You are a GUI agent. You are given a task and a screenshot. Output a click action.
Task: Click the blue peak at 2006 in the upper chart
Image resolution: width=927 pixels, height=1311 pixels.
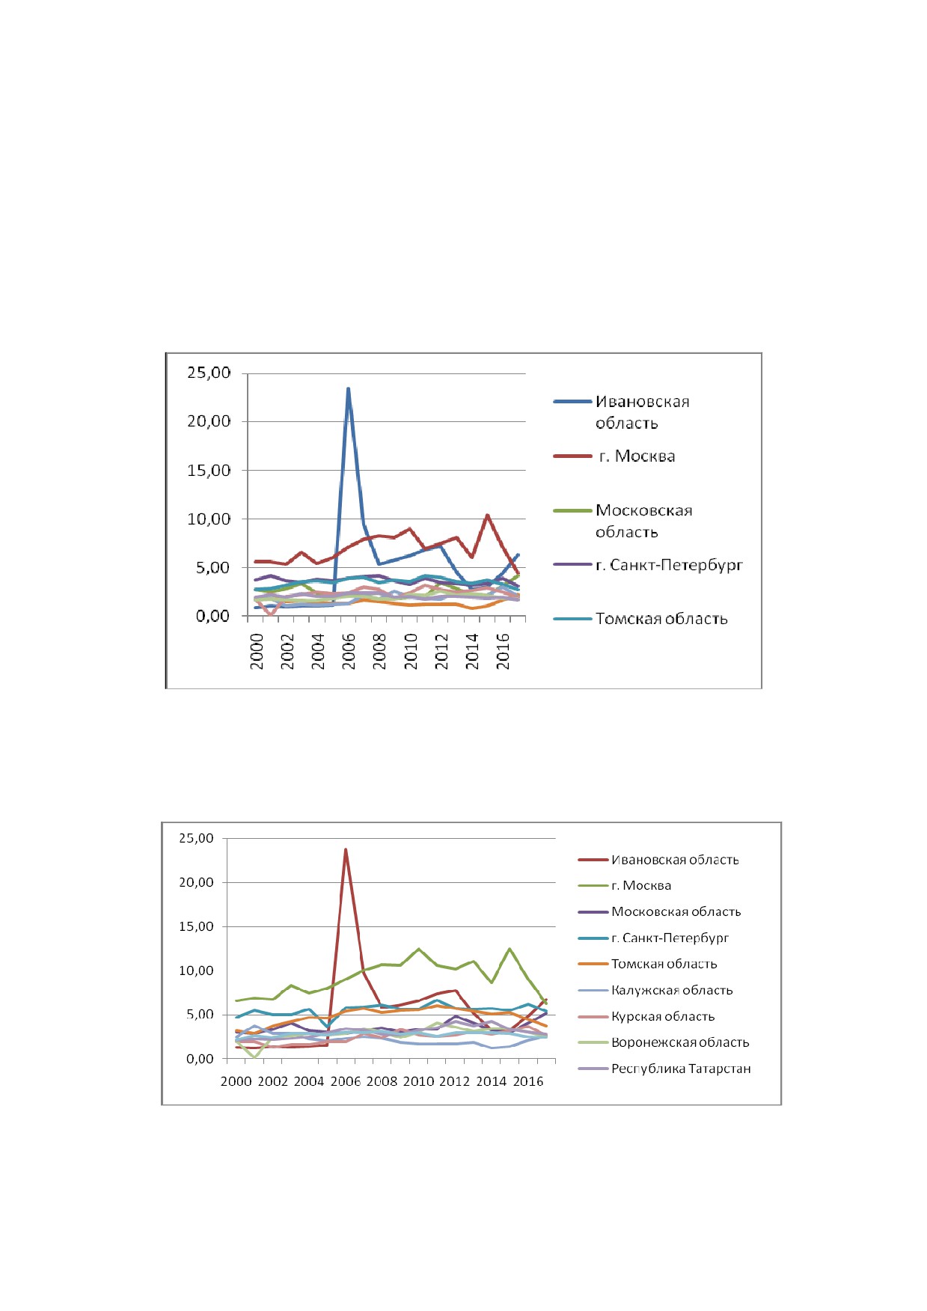tap(348, 388)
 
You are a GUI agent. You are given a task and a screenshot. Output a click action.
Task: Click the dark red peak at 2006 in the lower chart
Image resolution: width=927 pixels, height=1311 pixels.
tap(346, 849)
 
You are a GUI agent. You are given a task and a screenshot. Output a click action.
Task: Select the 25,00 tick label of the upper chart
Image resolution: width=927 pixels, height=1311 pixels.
tap(209, 373)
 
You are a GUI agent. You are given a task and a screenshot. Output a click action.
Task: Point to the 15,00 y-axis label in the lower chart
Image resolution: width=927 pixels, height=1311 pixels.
tap(196, 926)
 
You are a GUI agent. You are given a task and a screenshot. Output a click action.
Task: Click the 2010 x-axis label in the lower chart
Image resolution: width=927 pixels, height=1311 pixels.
tap(418, 1081)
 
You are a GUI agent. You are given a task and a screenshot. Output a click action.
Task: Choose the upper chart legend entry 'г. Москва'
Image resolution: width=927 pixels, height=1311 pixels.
tap(637, 456)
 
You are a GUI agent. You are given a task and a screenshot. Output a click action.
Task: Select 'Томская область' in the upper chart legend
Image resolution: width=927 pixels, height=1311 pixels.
tap(661, 619)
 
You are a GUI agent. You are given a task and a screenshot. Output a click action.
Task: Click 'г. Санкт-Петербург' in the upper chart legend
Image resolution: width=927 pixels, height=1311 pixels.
tap(669, 565)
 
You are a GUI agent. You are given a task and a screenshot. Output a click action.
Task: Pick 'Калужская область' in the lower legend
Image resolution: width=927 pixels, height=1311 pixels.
tap(672, 990)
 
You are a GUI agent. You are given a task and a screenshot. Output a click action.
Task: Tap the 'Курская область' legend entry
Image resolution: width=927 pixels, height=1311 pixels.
tap(663, 1016)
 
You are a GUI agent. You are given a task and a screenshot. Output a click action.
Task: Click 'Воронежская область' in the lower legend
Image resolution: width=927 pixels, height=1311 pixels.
tap(680, 1042)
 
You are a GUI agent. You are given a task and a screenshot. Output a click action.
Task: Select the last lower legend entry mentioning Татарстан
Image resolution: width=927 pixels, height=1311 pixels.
tap(681, 1069)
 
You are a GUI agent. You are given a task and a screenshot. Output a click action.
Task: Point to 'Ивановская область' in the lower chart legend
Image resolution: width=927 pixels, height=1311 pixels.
tap(675, 860)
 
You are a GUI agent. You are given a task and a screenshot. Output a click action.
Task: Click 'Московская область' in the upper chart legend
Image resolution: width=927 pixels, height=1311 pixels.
tap(644, 521)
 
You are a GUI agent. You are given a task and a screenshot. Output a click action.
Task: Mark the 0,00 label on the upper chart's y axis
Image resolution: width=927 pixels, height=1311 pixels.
tap(213, 616)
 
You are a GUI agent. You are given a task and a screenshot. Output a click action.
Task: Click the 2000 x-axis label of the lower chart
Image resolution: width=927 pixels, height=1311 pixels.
tap(236, 1081)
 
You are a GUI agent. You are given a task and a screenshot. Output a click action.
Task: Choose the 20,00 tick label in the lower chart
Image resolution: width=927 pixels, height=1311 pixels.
tap(196, 882)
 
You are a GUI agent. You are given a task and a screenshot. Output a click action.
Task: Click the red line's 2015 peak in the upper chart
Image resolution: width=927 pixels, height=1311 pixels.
tap(488, 515)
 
